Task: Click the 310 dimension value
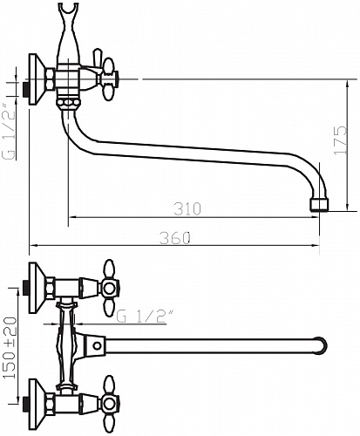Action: pyautogui.click(x=187, y=208)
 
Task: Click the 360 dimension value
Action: pyautogui.click(x=175, y=238)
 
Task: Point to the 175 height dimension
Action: pyautogui.click(x=341, y=140)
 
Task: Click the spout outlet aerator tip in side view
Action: pyautogui.click(x=319, y=204)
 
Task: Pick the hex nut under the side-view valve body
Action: pyautogui.click(x=69, y=103)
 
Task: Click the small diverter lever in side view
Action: pyautogui.click(x=97, y=58)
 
